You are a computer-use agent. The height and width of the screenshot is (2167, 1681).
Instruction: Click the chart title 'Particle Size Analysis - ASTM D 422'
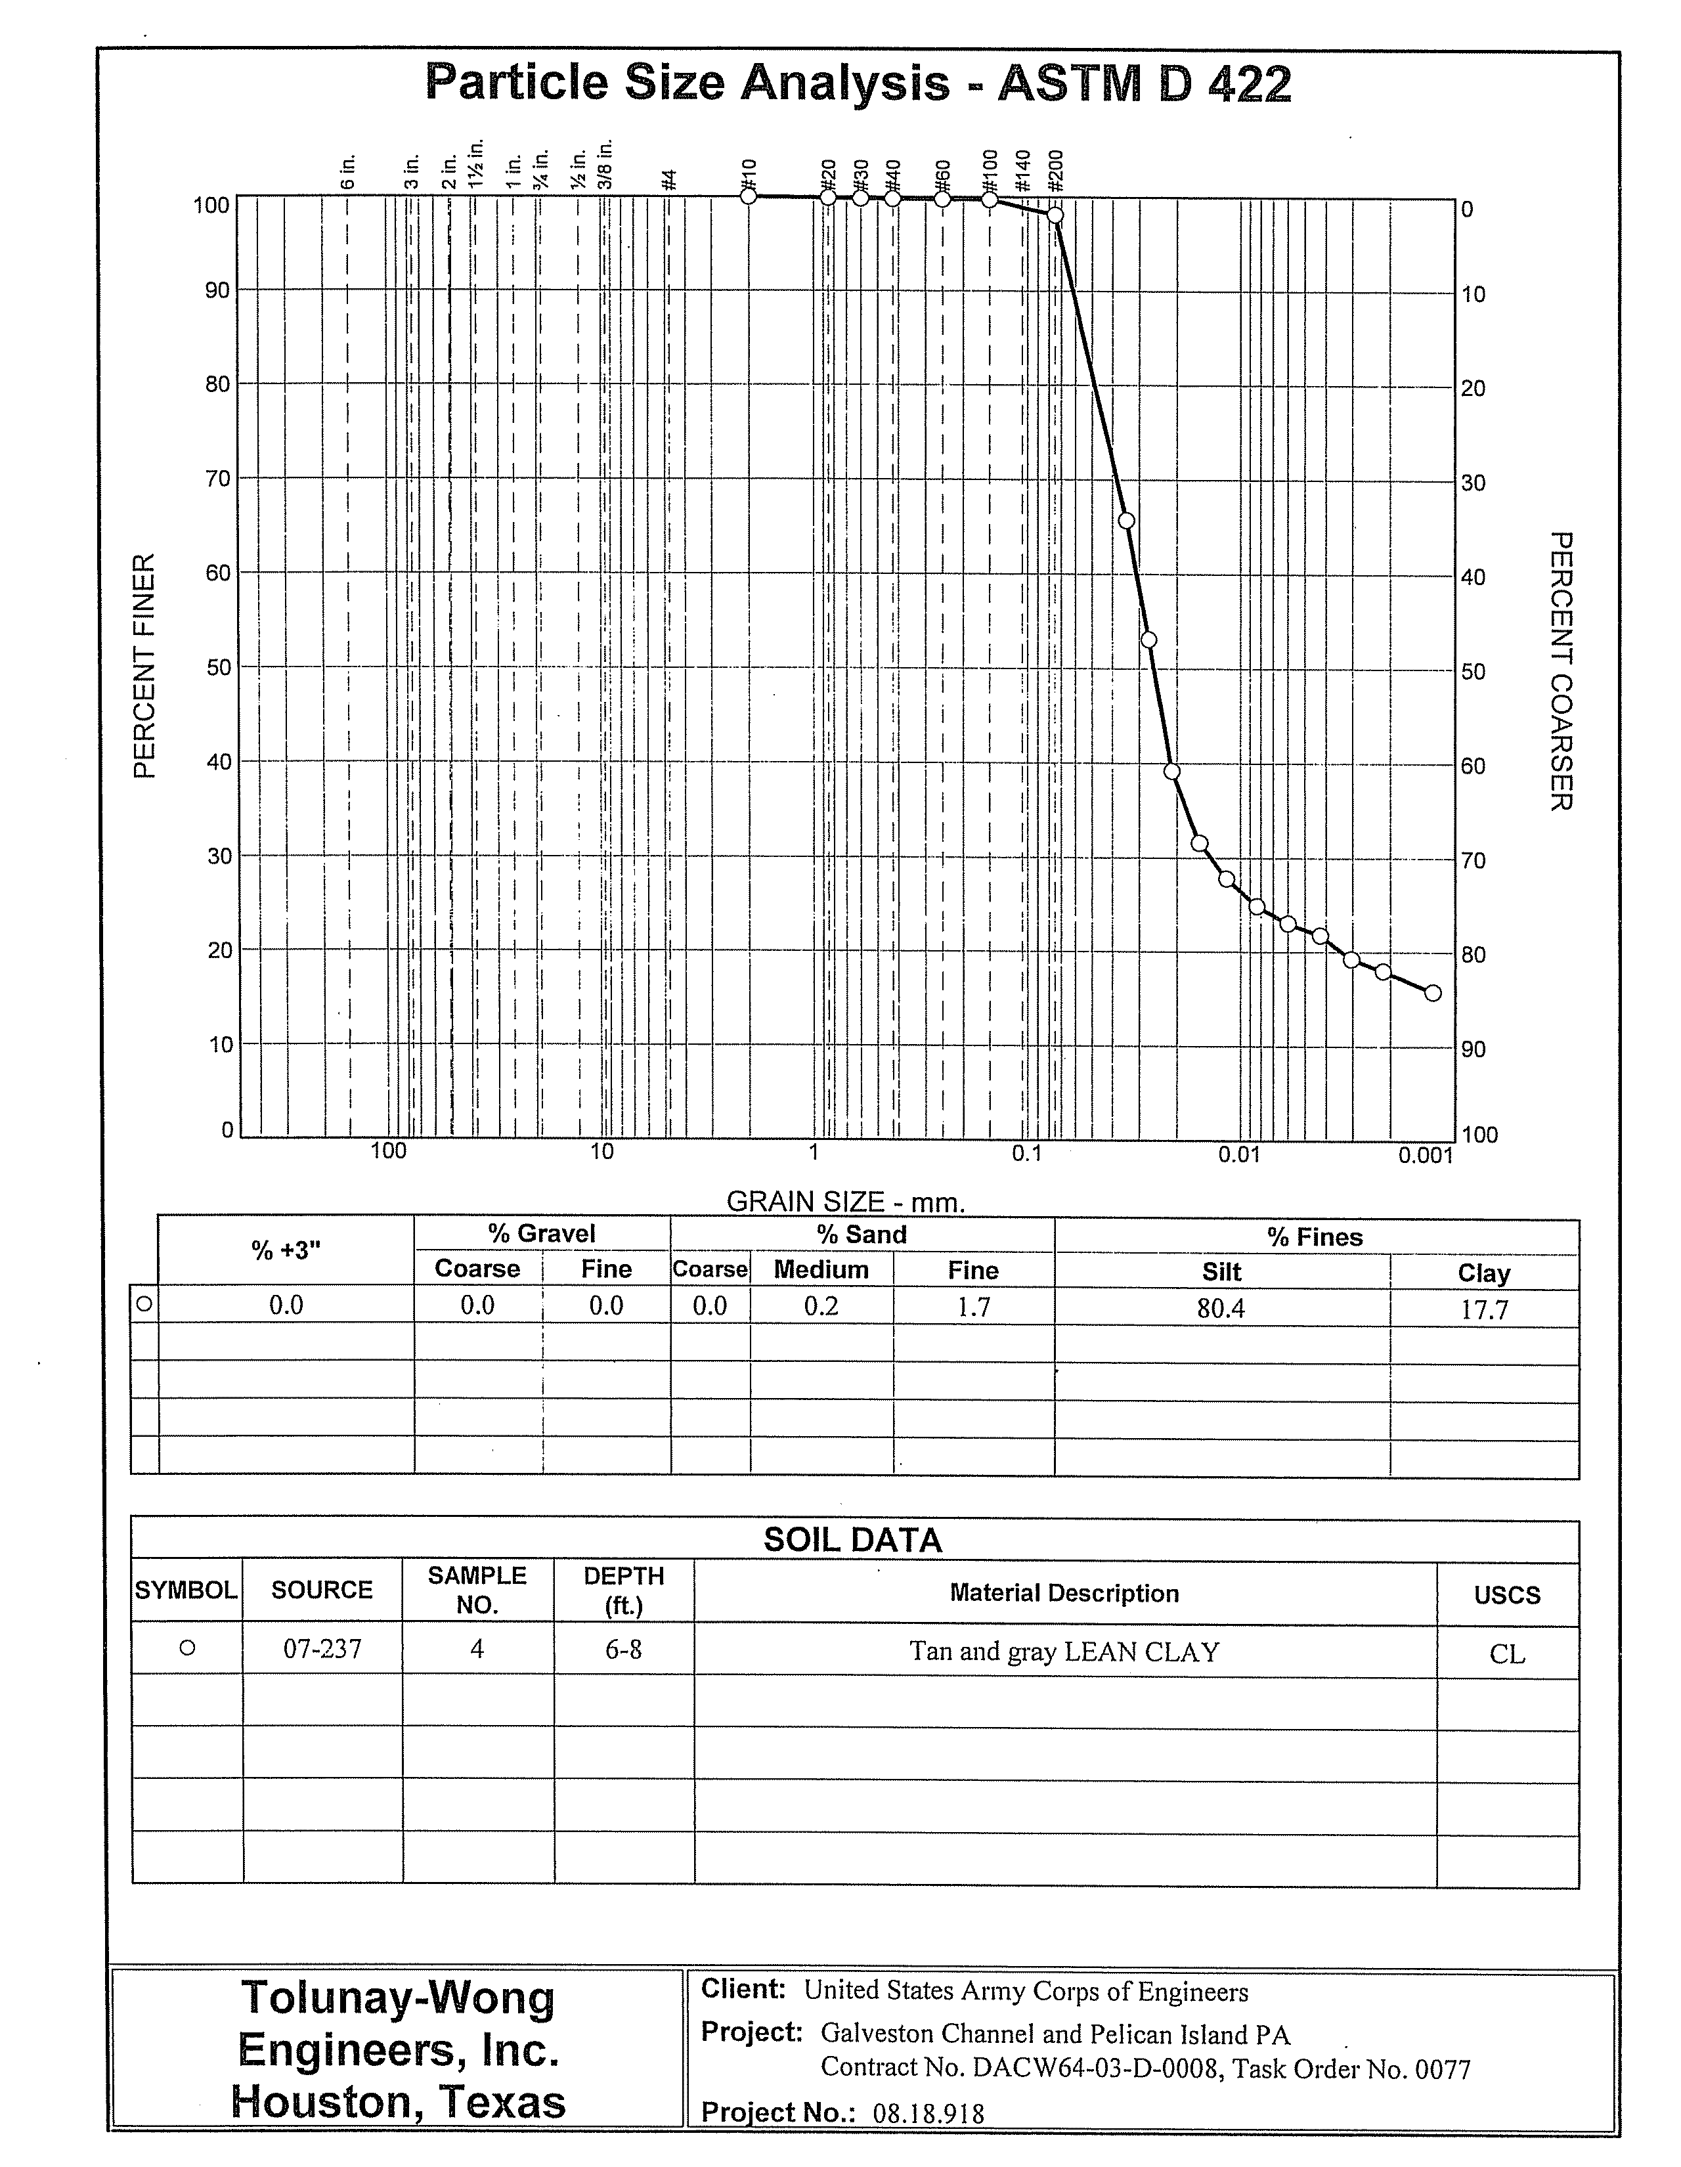point(858,83)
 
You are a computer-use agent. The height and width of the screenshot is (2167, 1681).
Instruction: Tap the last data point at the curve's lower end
point(1432,993)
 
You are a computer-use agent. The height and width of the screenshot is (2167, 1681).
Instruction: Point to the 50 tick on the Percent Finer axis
point(217,667)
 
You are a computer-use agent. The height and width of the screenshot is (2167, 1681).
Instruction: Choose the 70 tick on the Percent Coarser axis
point(1473,860)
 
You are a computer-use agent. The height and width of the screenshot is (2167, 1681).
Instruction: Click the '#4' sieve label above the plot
point(670,179)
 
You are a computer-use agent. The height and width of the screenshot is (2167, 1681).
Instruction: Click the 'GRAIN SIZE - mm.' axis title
point(846,1202)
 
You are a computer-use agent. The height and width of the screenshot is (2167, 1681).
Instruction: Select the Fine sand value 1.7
point(974,1307)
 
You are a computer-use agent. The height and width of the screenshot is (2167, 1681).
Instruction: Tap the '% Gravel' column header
point(542,1233)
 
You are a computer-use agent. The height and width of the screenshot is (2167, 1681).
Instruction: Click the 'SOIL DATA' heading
point(852,1540)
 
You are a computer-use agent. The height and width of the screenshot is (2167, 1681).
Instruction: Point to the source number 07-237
point(322,1649)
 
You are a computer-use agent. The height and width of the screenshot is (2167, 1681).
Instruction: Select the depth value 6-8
point(623,1649)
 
